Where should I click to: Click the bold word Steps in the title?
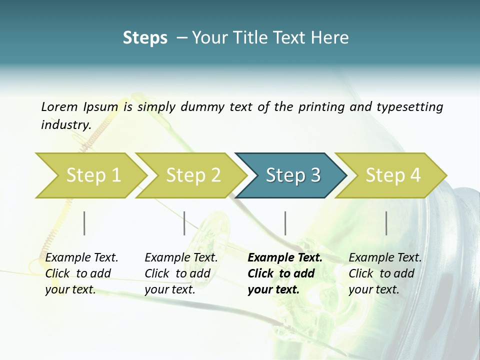pos(145,38)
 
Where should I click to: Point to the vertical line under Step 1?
pos(84,223)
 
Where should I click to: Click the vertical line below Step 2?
pos(184,223)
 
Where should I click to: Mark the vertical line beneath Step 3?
pos(285,223)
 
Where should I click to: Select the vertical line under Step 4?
pos(386,223)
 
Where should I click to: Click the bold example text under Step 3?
pos(284,273)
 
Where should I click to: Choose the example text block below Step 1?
pos(81,273)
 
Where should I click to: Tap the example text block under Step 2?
pos(181,273)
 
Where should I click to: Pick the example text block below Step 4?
pos(385,273)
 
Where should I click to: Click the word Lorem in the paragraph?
pos(59,106)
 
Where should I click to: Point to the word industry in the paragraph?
pos(65,125)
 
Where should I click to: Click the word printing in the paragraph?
pos(320,106)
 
